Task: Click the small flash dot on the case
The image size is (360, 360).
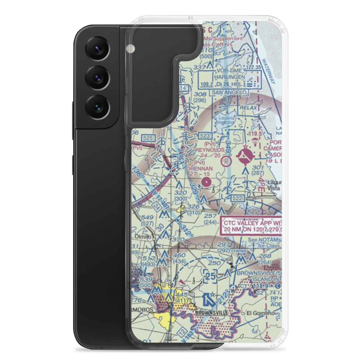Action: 130,48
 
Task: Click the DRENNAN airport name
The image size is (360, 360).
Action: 200,168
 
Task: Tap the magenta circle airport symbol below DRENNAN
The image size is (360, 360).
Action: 206,182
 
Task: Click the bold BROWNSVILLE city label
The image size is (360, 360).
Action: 212,313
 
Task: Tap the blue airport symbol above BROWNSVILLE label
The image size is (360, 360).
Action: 209,299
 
